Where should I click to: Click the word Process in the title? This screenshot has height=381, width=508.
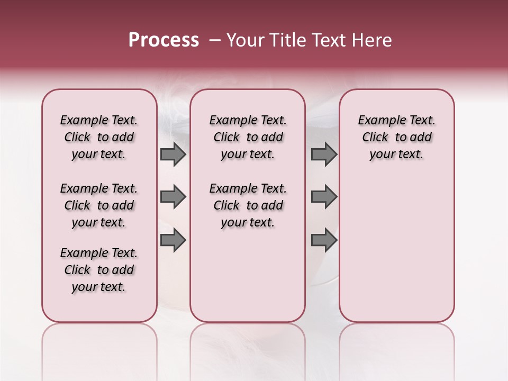pos(164,40)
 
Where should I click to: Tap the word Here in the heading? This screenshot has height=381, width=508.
pos(370,40)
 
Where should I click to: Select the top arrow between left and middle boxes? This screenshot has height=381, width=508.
pos(173,154)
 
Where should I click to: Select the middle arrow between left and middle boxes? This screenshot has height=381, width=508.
pos(173,197)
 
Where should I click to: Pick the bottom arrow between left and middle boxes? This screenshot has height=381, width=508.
pos(173,240)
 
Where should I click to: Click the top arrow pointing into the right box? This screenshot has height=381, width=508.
pos(324,154)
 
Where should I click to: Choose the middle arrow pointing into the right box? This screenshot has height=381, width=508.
pos(324,197)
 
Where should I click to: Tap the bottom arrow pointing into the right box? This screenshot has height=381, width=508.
pos(324,240)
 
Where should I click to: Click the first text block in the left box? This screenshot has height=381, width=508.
pos(99,137)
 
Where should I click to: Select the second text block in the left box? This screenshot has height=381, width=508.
pos(99,205)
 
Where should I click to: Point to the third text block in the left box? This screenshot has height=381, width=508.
pos(99,270)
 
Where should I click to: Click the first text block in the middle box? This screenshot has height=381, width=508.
pos(248,137)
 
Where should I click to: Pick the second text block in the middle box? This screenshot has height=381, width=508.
pos(248,205)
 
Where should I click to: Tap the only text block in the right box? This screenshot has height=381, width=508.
pos(397,137)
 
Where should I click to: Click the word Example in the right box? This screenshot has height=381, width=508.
pos(378,121)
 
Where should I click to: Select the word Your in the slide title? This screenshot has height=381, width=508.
pos(246,40)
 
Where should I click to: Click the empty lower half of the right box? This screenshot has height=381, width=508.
pos(397,249)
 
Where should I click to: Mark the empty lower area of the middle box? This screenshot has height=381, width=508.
pos(248,275)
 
